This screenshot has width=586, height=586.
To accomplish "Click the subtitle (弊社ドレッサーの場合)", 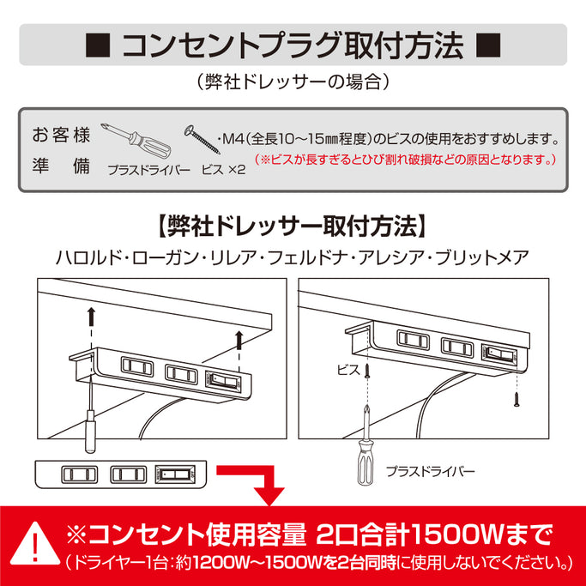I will pos(292,83).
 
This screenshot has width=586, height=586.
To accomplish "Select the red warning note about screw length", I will pos(408,160).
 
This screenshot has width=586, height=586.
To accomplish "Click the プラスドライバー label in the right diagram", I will pos(429,471).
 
